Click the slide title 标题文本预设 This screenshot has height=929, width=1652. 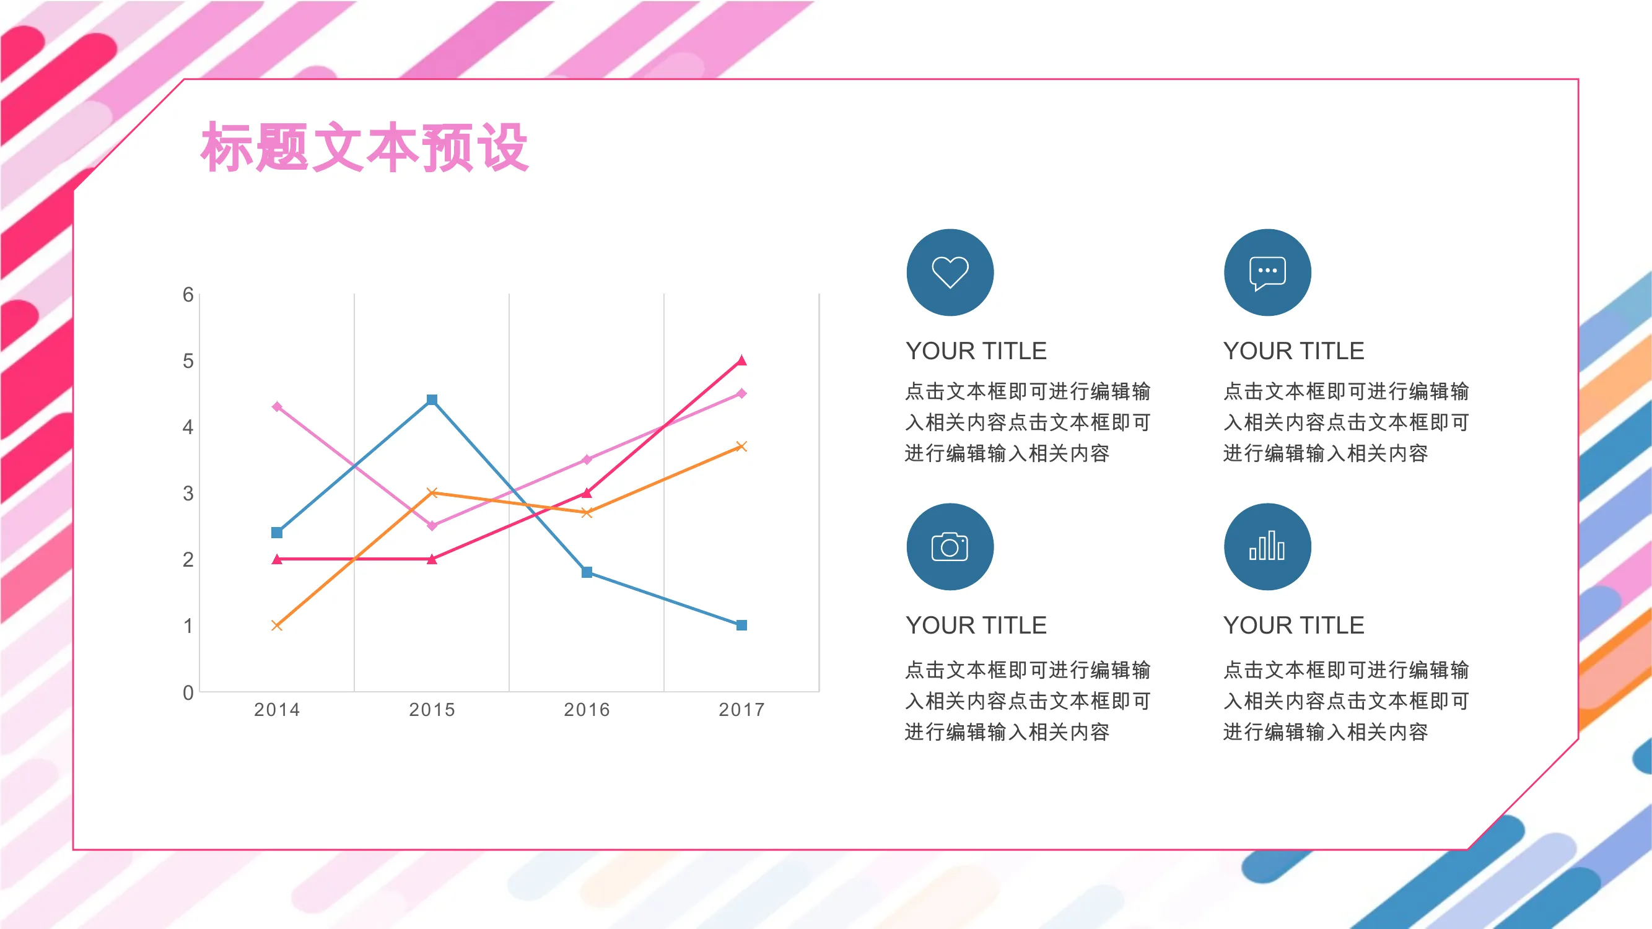point(365,147)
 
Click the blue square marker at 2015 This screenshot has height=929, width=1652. point(432,399)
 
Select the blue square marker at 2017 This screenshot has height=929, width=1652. point(741,625)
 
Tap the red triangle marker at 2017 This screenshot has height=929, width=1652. point(741,360)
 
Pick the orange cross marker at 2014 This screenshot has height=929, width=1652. point(277,625)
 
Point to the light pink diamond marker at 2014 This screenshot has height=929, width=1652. point(277,406)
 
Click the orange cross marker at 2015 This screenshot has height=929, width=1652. point(432,492)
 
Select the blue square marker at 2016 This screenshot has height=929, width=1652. point(587,572)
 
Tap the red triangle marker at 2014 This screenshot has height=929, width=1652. point(277,559)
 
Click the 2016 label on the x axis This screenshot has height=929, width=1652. point(587,710)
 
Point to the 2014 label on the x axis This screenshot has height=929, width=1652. point(277,710)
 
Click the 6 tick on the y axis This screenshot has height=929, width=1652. point(188,294)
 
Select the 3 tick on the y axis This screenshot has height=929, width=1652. point(188,493)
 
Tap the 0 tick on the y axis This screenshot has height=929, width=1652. point(188,692)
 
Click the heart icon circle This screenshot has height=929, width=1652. point(950,273)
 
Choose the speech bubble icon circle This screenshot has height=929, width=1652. point(1267,273)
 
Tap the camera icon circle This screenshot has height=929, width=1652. point(950,547)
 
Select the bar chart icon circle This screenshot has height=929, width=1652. point(1267,547)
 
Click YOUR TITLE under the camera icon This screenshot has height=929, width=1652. point(976,625)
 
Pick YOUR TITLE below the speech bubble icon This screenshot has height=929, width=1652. point(1293,351)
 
